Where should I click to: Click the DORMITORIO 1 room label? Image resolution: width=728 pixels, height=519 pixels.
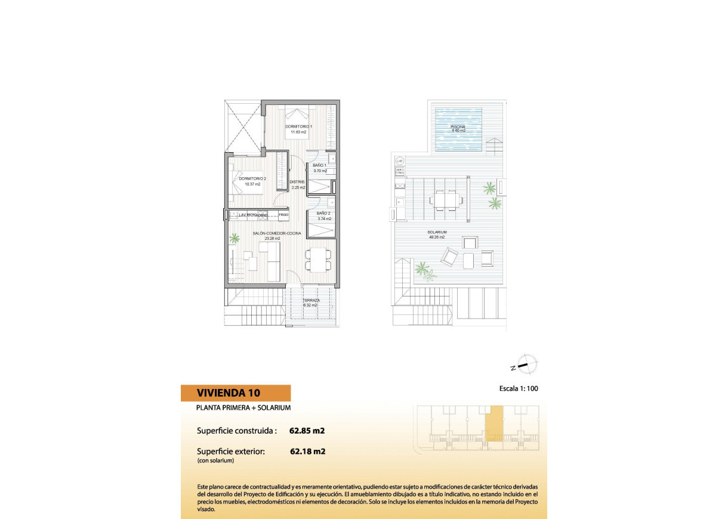(x=299, y=126)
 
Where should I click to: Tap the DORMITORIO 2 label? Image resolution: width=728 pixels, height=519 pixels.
(x=252, y=178)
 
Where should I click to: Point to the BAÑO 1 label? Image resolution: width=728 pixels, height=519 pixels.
(x=320, y=165)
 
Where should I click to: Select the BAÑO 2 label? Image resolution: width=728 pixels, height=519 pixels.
(x=323, y=213)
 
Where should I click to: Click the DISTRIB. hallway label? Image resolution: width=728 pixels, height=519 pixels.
(x=297, y=182)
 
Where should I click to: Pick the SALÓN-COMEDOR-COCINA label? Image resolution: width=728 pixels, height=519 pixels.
(x=277, y=233)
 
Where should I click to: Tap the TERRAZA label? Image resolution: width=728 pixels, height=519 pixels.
(x=310, y=301)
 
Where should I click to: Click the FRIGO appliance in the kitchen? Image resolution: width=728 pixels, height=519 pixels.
(x=283, y=214)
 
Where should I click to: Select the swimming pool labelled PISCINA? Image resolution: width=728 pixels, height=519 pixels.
(x=458, y=129)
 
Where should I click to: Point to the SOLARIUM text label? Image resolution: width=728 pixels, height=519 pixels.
(x=437, y=232)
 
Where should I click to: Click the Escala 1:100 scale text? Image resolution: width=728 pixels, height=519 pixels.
(x=519, y=389)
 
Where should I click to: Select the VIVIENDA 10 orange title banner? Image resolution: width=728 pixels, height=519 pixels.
(x=236, y=393)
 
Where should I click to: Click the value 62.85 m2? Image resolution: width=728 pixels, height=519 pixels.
(x=307, y=430)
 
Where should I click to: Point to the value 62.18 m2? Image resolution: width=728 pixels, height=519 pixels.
(x=307, y=452)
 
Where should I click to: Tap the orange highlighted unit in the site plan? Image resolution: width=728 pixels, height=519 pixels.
(x=494, y=423)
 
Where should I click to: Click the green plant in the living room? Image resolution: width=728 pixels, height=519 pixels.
(x=235, y=238)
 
